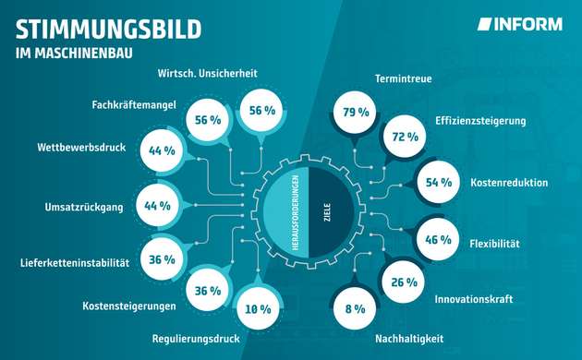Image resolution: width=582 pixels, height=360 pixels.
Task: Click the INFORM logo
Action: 519,25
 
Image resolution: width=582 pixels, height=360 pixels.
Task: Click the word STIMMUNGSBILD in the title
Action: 108,29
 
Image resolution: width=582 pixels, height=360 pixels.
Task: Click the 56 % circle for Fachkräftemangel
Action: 208,121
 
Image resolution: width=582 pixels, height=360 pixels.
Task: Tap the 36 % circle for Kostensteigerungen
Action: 209,289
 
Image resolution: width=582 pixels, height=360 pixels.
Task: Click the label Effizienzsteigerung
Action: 480,120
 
